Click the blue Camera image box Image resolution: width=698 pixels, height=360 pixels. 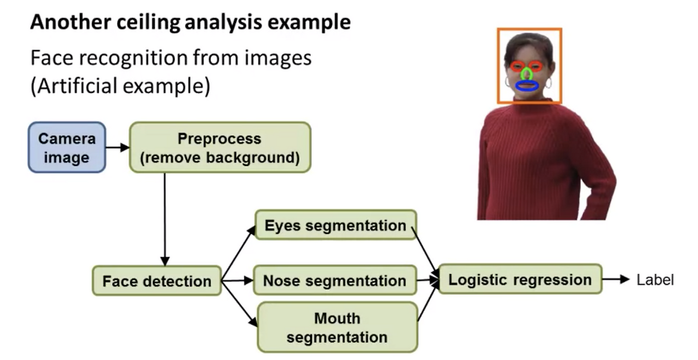point(67,147)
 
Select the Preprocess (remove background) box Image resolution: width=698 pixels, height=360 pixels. point(220,147)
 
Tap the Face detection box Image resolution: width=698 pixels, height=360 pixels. point(157,280)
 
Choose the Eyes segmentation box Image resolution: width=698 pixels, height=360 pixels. point(335,225)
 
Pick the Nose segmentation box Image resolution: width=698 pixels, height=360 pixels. point(335,280)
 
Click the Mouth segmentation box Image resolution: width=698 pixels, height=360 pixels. point(338,327)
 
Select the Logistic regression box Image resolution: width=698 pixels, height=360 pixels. point(520,279)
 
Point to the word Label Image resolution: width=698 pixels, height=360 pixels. point(655,280)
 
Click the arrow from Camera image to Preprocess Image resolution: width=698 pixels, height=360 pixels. point(118,147)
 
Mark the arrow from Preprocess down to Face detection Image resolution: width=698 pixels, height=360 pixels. point(165,219)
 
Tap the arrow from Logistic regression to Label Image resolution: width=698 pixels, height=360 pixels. point(616,279)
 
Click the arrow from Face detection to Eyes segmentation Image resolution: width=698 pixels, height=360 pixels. point(238,253)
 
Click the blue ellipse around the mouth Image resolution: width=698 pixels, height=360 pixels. point(527,86)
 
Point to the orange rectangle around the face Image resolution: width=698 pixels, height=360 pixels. point(529,65)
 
